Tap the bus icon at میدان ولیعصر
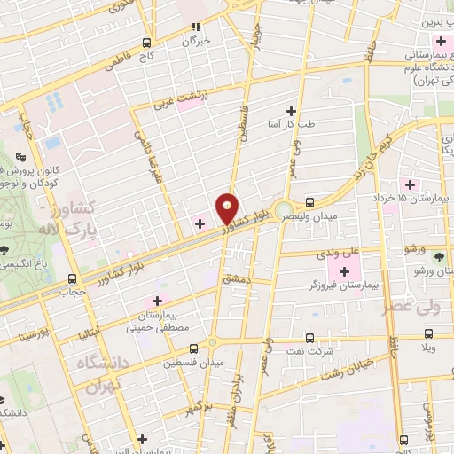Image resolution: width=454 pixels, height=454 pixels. point(309,201)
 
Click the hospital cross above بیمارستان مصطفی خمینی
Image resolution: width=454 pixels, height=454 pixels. point(160,301)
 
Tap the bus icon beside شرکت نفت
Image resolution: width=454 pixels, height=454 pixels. point(309,336)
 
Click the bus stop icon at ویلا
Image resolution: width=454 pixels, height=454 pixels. point(429,334)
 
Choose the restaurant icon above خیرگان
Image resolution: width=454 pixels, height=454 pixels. point(197,27)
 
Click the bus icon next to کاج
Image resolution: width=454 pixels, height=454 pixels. point(147,42)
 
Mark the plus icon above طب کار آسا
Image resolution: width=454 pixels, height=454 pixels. point(290,110)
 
